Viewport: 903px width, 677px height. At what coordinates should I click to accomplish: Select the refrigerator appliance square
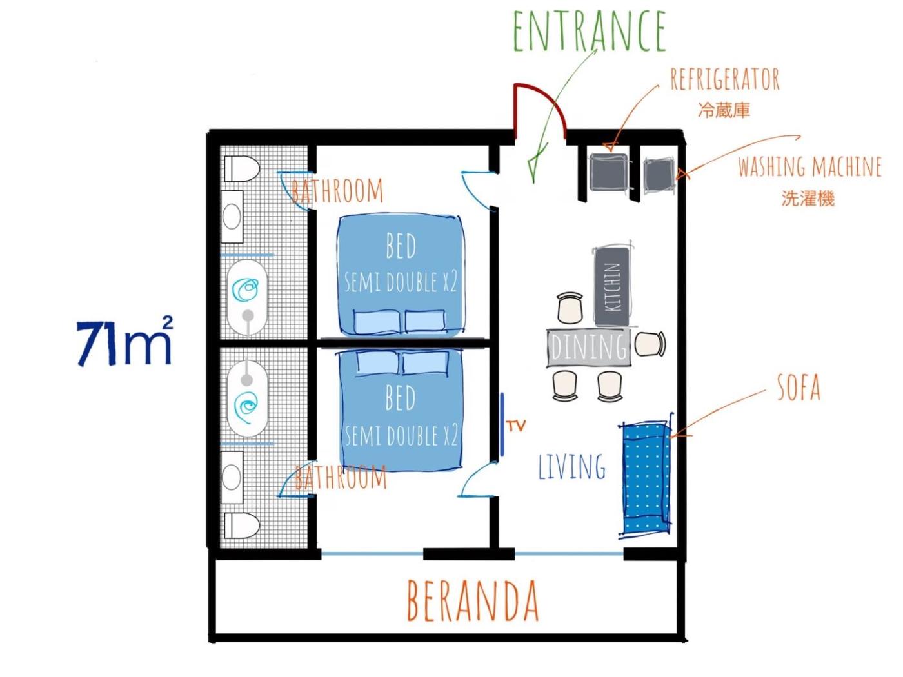coord(608,172)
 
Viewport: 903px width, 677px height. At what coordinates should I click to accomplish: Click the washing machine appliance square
coord(659,174)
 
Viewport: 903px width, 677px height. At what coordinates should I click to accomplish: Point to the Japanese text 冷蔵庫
coord(724,110)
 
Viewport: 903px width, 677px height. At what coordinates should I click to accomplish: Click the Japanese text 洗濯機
coord(808,197)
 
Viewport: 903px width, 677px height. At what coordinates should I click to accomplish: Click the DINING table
coord(588,347)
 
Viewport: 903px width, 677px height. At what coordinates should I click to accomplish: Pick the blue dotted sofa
coord(645,478)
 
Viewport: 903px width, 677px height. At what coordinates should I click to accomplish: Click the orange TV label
coord(516,426)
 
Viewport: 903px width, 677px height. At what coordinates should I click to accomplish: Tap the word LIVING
coord(571,467)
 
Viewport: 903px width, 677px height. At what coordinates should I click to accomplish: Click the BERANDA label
coord(473,600)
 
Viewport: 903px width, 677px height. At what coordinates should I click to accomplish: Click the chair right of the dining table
coord(650,344)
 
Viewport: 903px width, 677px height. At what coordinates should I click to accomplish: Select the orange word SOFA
coord(799,388)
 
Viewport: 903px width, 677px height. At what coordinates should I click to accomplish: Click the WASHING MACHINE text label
coord(809,167)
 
